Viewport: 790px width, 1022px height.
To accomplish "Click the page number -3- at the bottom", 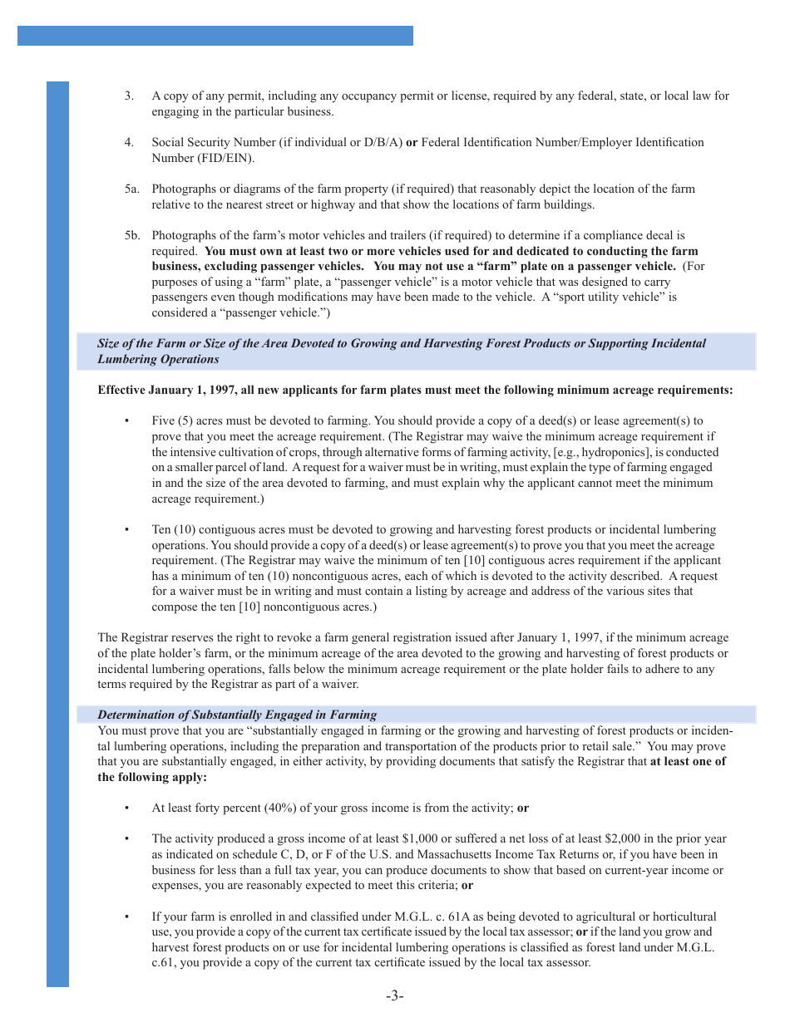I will (x=394, y=996).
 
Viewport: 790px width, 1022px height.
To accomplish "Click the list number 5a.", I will (x=131, y=189).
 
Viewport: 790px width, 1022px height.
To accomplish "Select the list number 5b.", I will (x=131, y=236).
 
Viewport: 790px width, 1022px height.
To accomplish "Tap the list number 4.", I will (x=129, y=143).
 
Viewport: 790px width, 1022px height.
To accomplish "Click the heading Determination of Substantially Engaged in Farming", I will (x=237, y=715).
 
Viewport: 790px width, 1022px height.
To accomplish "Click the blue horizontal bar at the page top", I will (x=215, y=36).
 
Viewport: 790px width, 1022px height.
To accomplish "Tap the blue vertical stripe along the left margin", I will (x=57, y=532).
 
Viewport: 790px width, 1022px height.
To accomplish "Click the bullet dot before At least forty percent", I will (x=126, y=808).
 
